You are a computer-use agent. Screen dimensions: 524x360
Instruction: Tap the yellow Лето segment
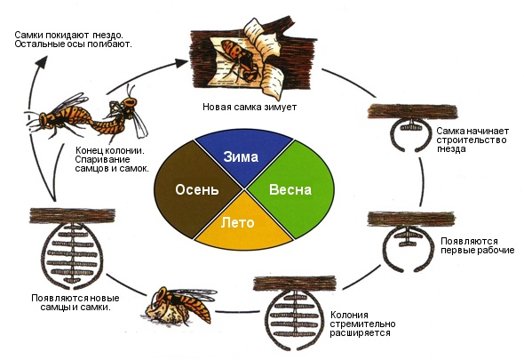pyautogui.click(x=243, y=224)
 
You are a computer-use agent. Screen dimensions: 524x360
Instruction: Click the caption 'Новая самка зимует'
pyautogui.click(x=250, y=107)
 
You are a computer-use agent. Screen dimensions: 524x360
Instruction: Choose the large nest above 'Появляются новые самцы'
pyautogui.click(x=72, y=248)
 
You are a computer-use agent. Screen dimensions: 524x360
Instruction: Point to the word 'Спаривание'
pyautogui.click(x=103, y=159)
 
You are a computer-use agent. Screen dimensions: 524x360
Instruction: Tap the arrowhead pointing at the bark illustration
pyautogui.click(x=182, y=62)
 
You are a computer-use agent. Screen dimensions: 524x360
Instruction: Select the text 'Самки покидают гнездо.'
pyautogui.click(x=69, y=35)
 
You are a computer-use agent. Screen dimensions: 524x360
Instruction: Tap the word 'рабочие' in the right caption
pyautogui.click(x=496, y=250)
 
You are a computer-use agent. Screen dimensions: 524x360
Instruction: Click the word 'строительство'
pyautogui.click(x=472, y=140)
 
